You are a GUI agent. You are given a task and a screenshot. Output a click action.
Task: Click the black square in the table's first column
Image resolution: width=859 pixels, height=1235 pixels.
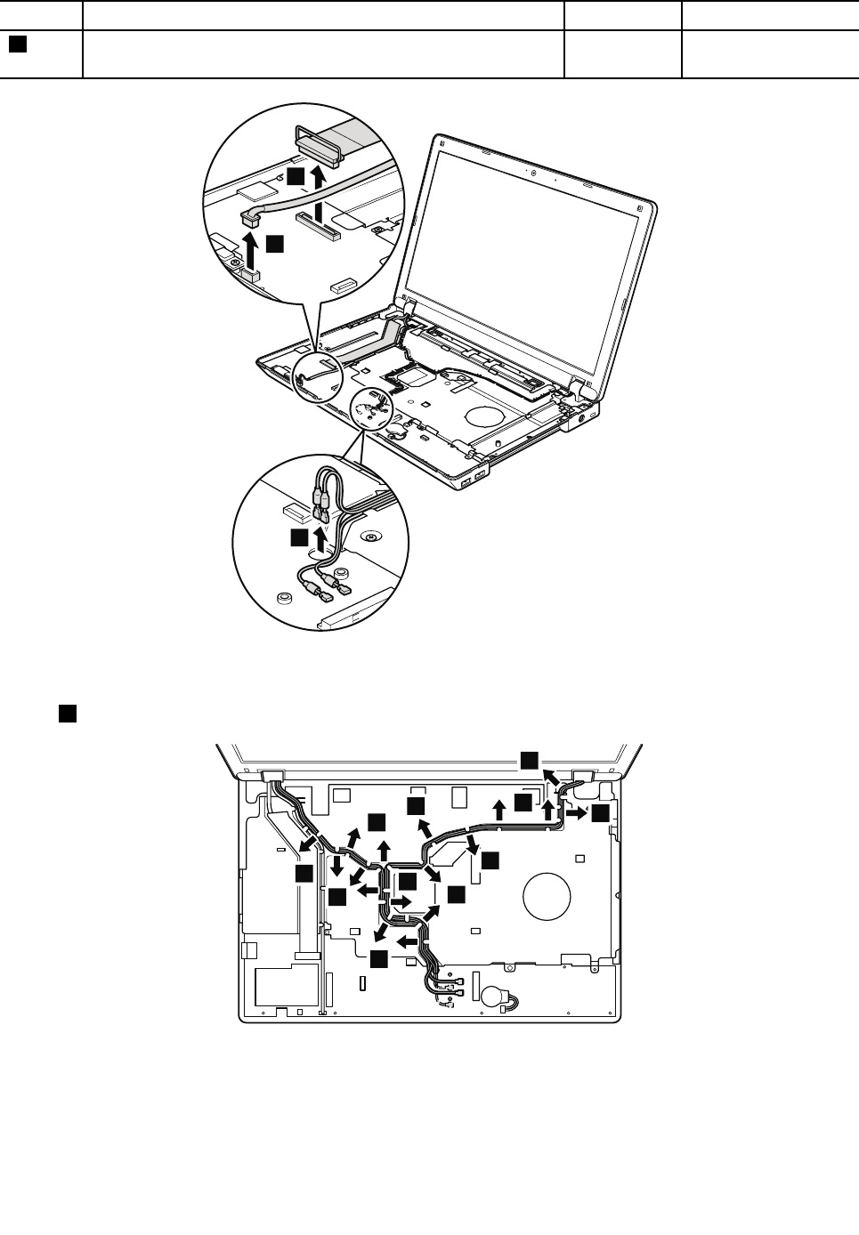[17, 44]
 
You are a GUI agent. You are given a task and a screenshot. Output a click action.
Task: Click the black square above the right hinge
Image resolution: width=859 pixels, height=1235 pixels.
[530, 758]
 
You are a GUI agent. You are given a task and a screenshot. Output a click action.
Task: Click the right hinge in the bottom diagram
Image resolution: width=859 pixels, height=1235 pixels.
[585, 774]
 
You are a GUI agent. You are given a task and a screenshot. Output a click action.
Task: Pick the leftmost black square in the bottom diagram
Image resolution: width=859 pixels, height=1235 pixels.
[304, 875]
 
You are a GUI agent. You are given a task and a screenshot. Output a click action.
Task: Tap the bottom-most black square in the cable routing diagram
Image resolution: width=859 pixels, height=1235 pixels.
[379, 958]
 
